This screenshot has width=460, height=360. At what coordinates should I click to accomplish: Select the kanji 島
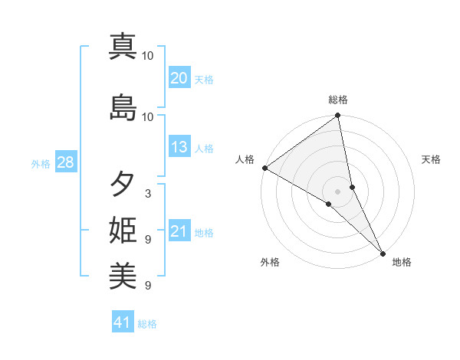tap(123, 107)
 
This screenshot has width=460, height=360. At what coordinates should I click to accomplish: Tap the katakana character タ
tap(123, 185)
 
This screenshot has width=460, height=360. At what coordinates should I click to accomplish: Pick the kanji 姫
tap(123, 231)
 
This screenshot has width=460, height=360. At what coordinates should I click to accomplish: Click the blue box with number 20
tap(179, 78)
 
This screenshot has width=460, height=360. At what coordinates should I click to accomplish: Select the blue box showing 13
tap(179, 147)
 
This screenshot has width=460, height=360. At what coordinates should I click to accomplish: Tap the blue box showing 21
tap(179, 231)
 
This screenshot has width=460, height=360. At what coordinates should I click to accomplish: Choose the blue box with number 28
tap(64, 162)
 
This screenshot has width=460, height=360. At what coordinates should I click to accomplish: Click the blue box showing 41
tap(123, 322)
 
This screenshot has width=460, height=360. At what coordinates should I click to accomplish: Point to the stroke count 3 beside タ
tap(148, 194)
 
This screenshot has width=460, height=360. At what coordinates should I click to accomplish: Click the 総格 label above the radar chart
tap(338, 100)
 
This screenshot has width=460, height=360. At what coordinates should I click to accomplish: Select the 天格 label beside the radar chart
tap(431, 159)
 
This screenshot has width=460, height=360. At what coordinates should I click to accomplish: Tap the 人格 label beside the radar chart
tap(245, 159)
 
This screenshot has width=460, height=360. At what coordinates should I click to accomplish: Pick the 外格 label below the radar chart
tap(270, 262)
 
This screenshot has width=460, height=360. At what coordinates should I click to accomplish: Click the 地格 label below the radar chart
tap(402, 262)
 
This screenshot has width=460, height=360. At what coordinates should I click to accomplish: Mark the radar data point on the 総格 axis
tap(338, 116)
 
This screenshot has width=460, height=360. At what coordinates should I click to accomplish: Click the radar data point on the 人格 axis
tap(264, 168)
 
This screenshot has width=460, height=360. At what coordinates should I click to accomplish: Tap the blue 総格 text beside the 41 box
tap(147, 323)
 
